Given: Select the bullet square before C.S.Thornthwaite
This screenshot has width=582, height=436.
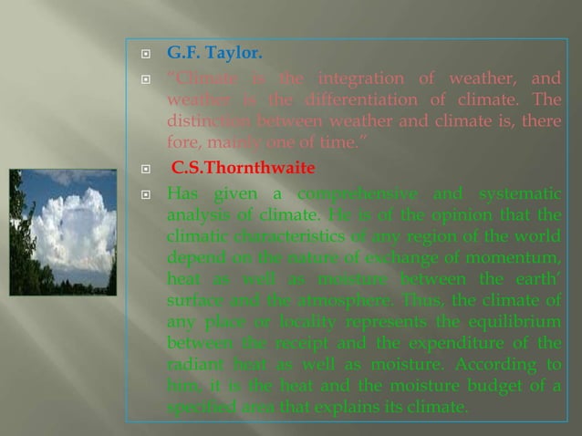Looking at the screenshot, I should click(143, 169).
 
